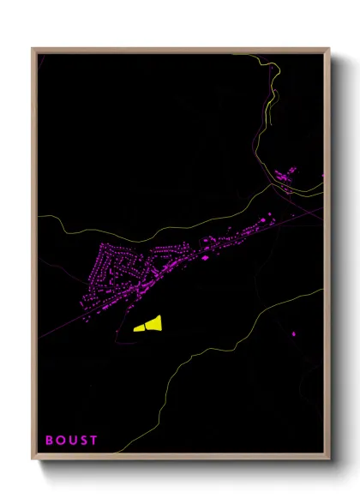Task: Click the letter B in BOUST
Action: pyautogui.click(x=49, y=441)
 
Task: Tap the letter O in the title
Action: pyautogui.click(x=60, y=441)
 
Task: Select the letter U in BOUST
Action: pyautogui.click(x=72, y=441)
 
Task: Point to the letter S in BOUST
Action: pyautogui.click(x=83, y=441)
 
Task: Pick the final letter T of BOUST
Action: pyautogui.click(x=93, y=441)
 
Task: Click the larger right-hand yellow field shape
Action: pyautogui.click(x=154, y=322)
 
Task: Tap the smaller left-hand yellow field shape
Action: pyautogui.click(x=140, y=327)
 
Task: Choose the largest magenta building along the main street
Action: pyautogui.click(x=205, y=255)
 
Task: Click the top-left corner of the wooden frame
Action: pyautogui.click(x=33, y=49)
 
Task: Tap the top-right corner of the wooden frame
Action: pyautogui.click(x=329, y=49)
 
